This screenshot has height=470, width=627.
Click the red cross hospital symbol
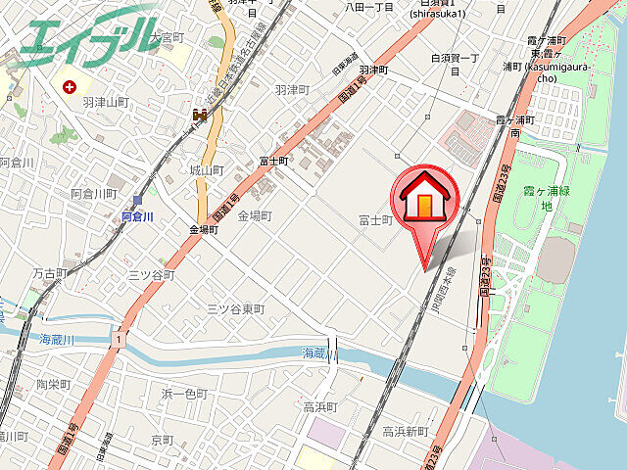point(70,87)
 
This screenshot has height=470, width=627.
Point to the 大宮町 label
point(169,36)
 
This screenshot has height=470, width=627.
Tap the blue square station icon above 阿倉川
point(137,200)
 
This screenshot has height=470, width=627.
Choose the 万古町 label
point(49,273)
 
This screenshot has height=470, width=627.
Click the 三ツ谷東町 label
point(235,308)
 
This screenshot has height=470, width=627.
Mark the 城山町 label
point(208,170)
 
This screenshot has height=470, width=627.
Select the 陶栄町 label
point(55,384)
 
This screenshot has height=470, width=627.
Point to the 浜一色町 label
point(184,394)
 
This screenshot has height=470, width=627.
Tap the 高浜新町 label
point(405,431)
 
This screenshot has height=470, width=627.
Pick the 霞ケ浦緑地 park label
point(548,195)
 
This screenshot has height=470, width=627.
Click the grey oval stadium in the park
point(555,257)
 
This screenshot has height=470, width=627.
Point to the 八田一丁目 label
point(369,6)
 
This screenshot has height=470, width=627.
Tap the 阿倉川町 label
point(94,194)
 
